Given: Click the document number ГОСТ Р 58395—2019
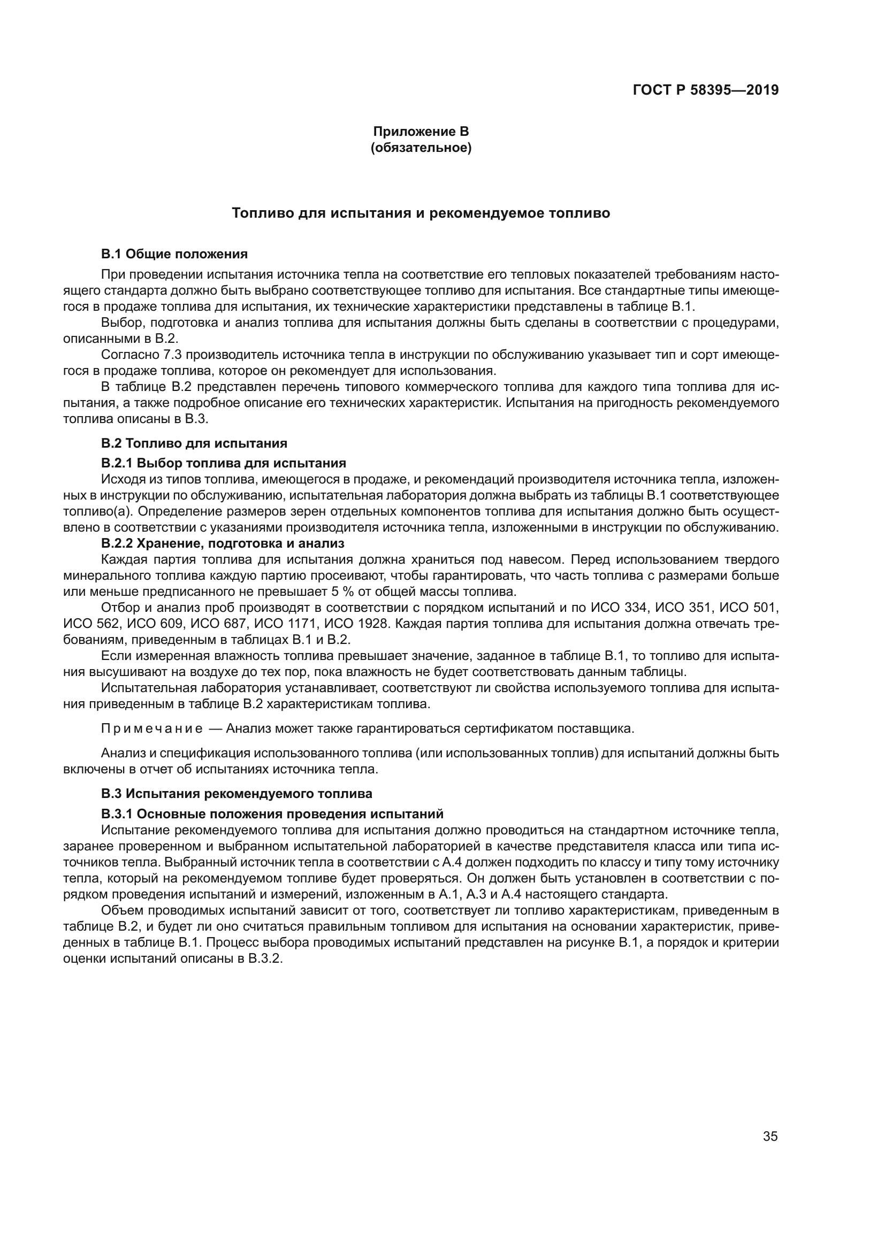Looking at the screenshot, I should (706, 90).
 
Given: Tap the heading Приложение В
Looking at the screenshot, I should (421, 132).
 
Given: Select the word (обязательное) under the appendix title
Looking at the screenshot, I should (421, 148).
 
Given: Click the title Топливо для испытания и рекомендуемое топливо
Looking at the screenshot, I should (421, 213).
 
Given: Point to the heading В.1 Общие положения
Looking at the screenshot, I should (174, 254).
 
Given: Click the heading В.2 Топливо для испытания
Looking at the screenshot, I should (194, 443).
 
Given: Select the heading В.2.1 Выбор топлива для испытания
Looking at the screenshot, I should (224, 463).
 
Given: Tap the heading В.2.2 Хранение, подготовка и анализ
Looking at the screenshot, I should (223, 543).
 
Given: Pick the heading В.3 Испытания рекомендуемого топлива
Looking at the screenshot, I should (236, 793).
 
